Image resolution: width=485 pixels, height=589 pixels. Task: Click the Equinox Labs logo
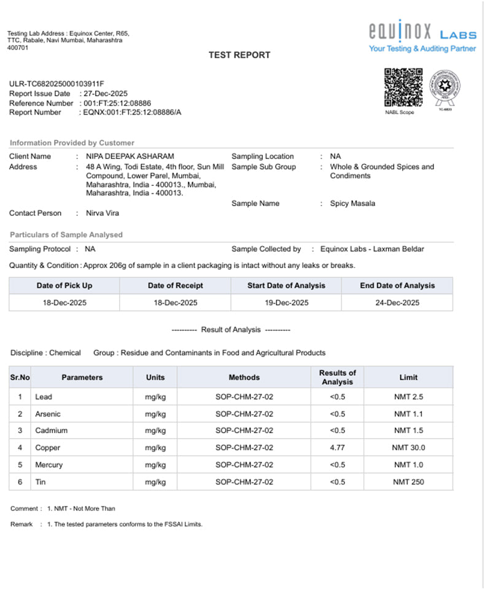click(422, 37)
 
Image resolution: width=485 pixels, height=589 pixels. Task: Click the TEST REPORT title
click(239, 55)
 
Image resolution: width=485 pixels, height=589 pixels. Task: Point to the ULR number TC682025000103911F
click(56, 83)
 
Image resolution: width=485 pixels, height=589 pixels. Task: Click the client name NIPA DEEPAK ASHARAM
click(130, 156)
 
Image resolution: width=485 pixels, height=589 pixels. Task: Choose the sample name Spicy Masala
click(352, 204)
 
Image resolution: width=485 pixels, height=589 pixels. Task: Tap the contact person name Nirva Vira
click(103, 214)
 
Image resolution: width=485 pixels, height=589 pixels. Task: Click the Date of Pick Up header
click(64, 285)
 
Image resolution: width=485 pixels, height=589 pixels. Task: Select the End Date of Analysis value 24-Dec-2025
click(397, 303)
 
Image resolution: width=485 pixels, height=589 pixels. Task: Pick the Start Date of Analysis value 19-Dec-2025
click(286, 303)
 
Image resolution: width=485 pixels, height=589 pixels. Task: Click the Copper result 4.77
click(337, 448)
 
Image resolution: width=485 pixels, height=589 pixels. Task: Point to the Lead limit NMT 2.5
click(408, 397)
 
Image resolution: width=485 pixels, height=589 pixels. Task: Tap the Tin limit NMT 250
click(408, 482)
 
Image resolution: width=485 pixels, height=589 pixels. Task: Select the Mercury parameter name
click(49, 465)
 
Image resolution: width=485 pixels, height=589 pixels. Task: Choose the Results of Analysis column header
click(337, 377)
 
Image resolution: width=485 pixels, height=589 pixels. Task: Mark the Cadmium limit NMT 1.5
click(408, 431)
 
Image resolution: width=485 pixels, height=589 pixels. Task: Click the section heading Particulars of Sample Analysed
click(66, 235)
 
